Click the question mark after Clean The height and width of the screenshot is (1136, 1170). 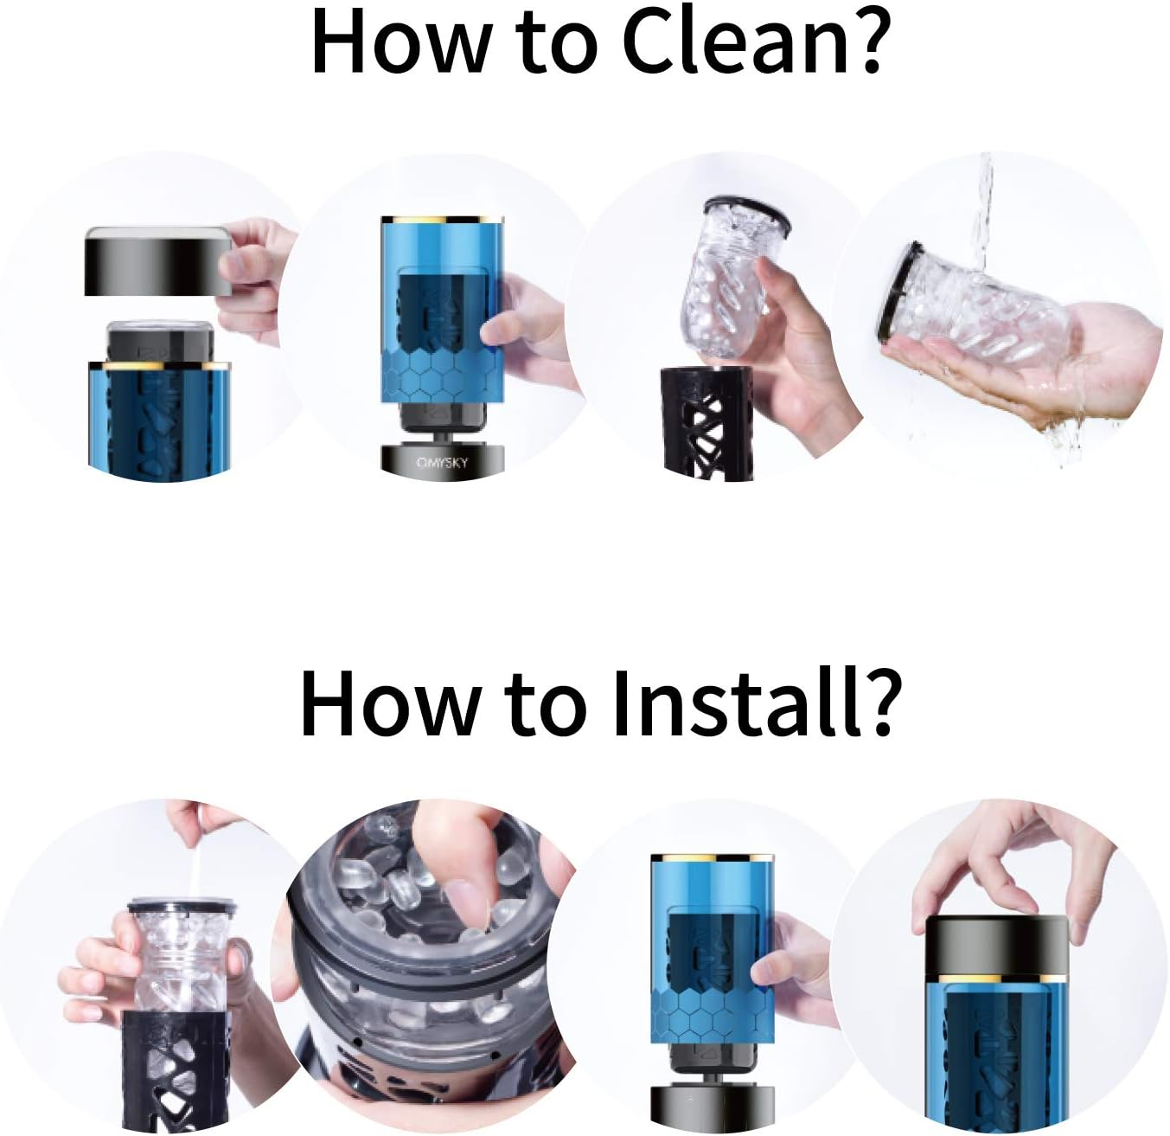[x=863, y=40]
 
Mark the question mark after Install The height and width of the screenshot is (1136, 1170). [x=874, y=703]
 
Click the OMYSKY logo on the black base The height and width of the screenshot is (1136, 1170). [x=442, y=463]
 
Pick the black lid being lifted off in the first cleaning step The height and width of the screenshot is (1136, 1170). [x=157, y=262]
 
